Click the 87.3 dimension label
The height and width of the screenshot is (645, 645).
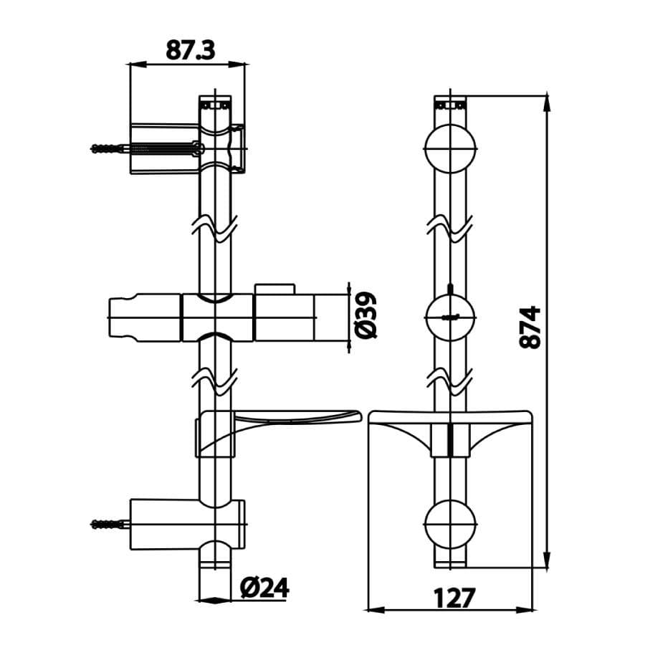(x=191, y=50)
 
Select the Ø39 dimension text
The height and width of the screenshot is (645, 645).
(x=365, y=315)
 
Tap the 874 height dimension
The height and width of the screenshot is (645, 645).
(x=530, y=327)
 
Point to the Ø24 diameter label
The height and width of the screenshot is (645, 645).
(x=265, y=588)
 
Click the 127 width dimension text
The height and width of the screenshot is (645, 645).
(x=454, y=598)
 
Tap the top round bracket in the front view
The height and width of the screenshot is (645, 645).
(x=450, y=148)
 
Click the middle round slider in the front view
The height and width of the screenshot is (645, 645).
(x=450, y=318)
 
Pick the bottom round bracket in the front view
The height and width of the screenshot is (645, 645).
(x=450, y=525)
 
